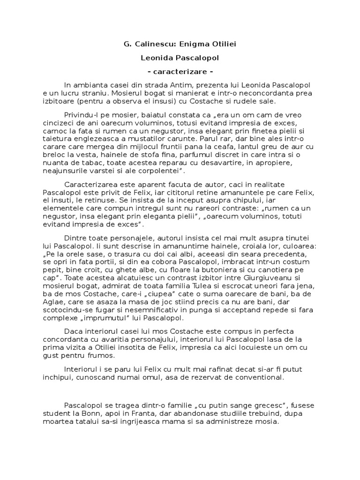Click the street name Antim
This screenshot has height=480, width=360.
(x=176, y=84)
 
